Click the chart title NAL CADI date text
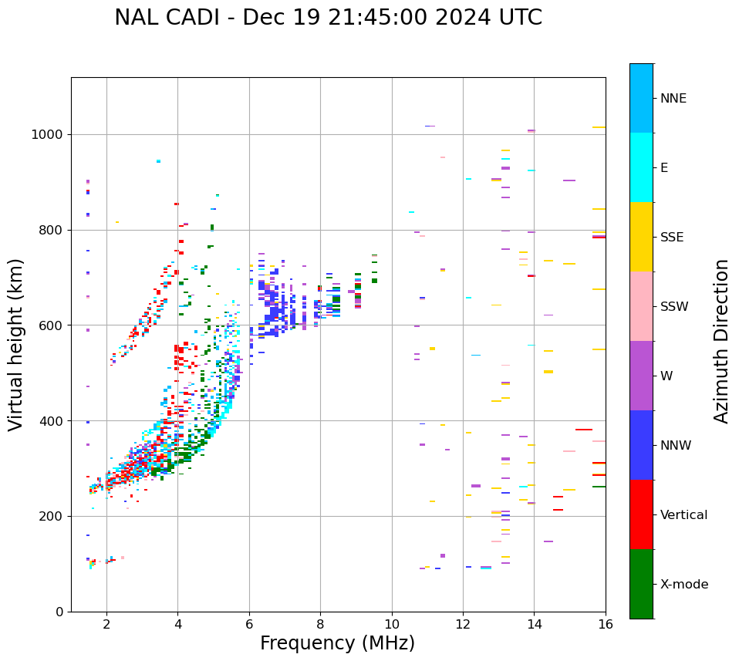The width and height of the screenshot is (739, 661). tap(328, 18)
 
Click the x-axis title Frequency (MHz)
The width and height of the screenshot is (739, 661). tap(337, 643)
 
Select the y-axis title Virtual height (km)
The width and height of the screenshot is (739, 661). tap(16, 344)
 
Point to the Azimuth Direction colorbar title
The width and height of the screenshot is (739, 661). tap(721, 341)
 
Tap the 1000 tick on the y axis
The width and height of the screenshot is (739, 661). tap(47, 134)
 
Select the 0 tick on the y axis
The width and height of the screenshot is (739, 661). tap(59, 612)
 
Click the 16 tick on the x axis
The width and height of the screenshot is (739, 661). tap(606, 624)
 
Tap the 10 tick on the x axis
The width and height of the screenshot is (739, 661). tap(392, 624)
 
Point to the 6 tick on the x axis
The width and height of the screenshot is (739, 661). tap(249, 624)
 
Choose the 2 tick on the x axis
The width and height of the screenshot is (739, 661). tap(106, 624)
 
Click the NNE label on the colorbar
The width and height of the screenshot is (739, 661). tap(673, 99)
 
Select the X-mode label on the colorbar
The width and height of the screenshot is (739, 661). tap(684, 585)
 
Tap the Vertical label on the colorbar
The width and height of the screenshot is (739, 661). tap(683, 515)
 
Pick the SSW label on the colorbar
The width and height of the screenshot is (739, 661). tap(674, 307)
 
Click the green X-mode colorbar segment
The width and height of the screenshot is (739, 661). tap(641, 584)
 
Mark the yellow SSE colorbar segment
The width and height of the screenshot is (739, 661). tap(641, 237)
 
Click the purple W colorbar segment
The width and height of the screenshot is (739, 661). tap(641, 376)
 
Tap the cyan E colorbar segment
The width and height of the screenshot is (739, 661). tap(641, 167)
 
